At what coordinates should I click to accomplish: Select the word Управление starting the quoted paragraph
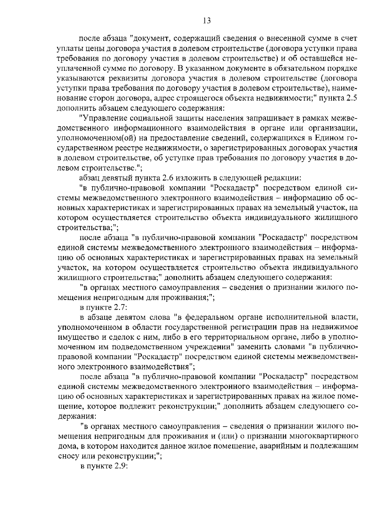(103, 118)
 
